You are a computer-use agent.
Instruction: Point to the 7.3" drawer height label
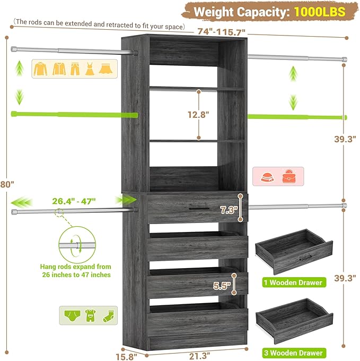click(x=229, y=210)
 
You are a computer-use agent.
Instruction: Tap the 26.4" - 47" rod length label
click(x=74, y=201)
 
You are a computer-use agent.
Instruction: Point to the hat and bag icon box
click(x=277, y=176)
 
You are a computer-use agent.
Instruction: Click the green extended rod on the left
click(x=74, y=114)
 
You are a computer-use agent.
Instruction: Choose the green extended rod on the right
click(x=297, y=116)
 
